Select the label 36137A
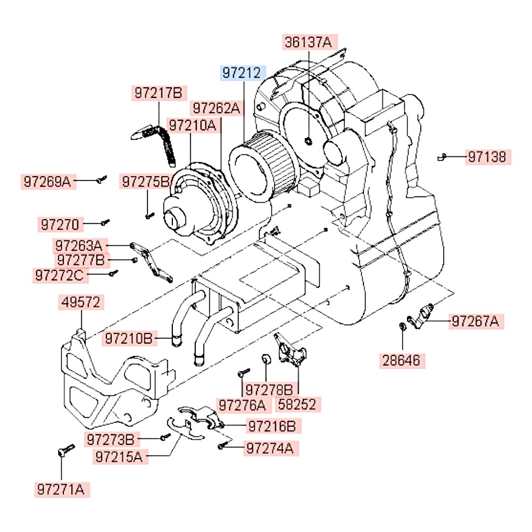[x=307, y=42]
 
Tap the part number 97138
[x=488, y=157]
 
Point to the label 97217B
[x=158, y=94]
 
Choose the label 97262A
[x=217, y=109]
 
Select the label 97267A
[x=476, y=321]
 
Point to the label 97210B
[x=130, y=338]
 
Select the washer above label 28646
[x=402, y=325]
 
